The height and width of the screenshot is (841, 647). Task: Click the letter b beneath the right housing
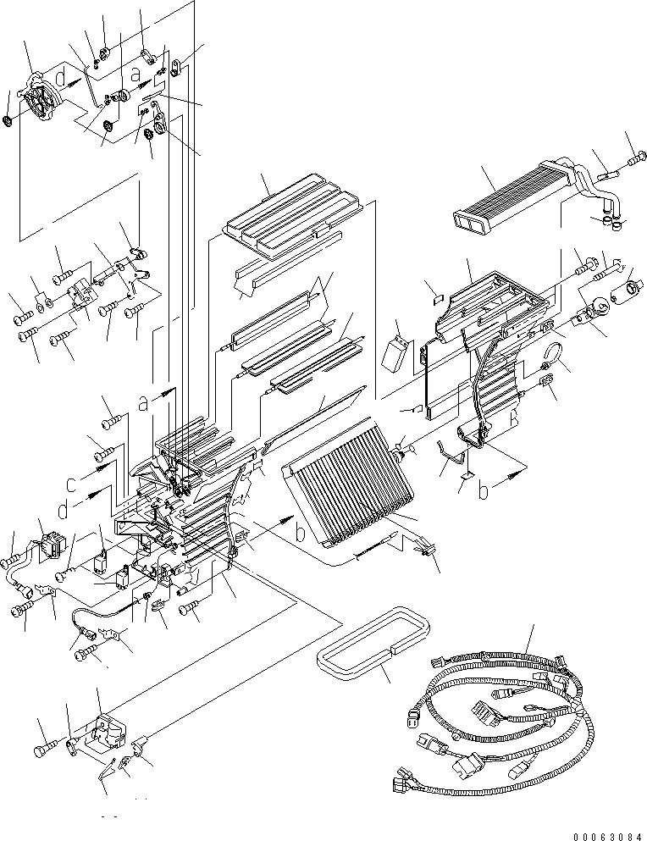[484, 491]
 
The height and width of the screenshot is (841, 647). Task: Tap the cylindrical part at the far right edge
[632, 289]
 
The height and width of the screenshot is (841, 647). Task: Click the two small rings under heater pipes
[611, 224]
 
